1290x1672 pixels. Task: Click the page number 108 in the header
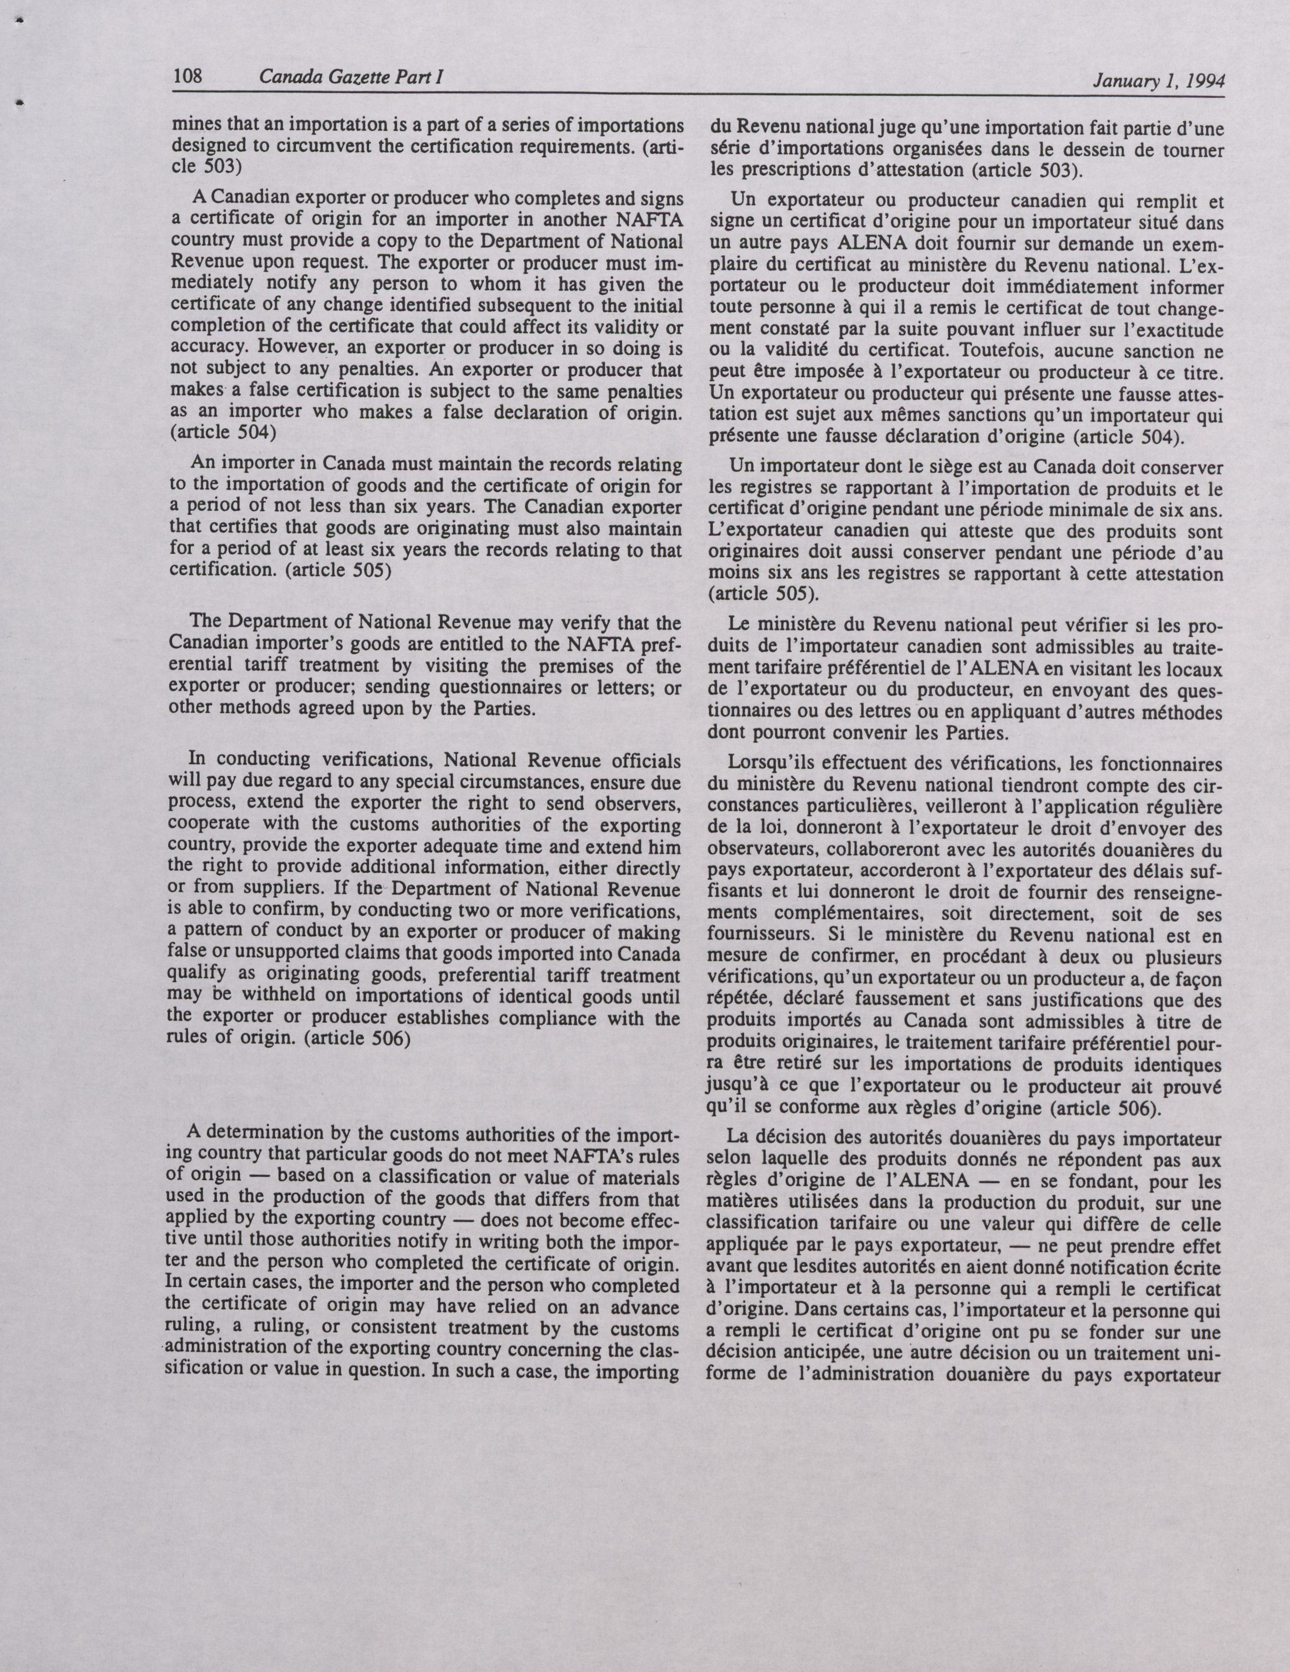pyautogui.click(x=187, y=77)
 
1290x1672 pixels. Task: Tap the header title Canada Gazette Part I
pyautogui.click(x=353, y=77)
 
